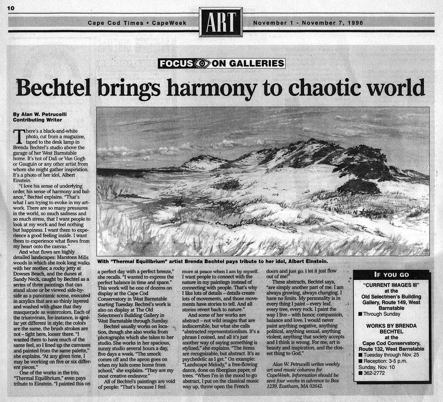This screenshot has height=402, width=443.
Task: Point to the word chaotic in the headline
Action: pos(321,88)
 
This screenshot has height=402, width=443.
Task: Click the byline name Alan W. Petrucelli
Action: pos(41,114)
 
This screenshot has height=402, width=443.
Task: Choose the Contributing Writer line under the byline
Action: pos(37,120)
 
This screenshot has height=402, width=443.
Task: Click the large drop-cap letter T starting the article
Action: pos(17,136)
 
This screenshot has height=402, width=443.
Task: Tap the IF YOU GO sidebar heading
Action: pos(391,275)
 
